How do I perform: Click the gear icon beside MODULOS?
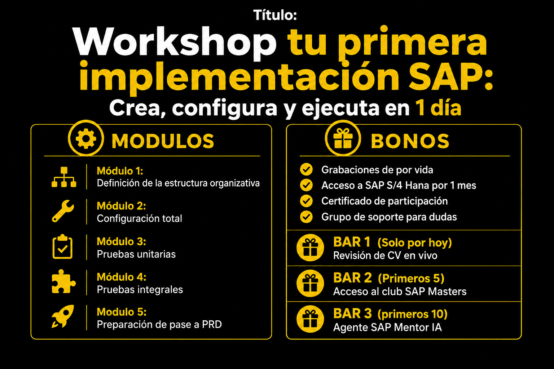click(86, 138)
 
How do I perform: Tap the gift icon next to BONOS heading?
click(343, 138)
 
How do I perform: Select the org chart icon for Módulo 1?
click(64, 177)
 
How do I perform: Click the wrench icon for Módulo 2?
click(63, 211)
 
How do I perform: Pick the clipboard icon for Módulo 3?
click(62, 246)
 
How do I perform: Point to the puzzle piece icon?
click(63, 281)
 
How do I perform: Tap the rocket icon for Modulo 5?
click(63, 316)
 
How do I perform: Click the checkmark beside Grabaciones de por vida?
click(306, 170)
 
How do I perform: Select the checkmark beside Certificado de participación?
click(306, 201)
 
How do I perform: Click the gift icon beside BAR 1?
click(310, 248)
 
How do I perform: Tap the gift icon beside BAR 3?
click(310, 319)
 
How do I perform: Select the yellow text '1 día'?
click(438, 108)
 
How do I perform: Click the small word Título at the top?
click(275, 15)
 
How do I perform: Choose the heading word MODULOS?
click(163, 141)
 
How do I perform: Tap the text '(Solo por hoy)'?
click(414, 243)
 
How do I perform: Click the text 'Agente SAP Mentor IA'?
click(387, 327)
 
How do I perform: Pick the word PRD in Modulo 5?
click(212, 325)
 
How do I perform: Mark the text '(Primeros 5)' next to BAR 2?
click(411, 279)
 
